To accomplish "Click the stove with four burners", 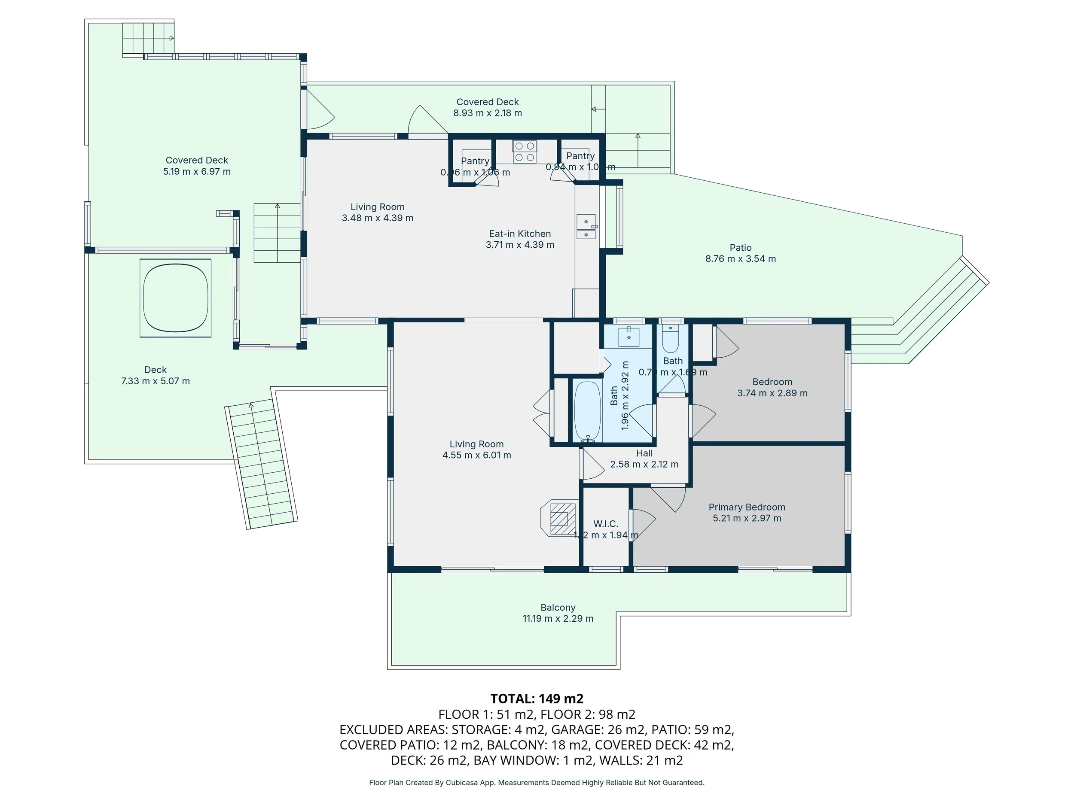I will pyautogui.click(x=525, y=152).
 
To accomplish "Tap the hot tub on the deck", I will pyautogui.click(x=175, y=298).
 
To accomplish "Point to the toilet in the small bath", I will pyautogui.click(x=671, y=339).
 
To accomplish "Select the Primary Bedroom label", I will pyautogui.click(x=746, y=507).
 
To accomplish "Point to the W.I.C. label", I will pyautogui.click(x=605, y=523).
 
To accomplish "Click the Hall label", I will pyautogui.click(x=644, y=453).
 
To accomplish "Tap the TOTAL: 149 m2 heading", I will pyautogui.click(x=537, y=699).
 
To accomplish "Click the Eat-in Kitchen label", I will pyautogui.click(x=519, y=234).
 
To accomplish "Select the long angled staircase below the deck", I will pyautogui.click(x=262, y=465).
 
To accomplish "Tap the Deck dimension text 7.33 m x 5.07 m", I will pyautogui.click(x=156, y=381).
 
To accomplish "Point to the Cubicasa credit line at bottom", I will pyautogui.click(x=537, y=783).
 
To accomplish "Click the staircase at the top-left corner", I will pyautogui.click(x=148, y=38).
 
